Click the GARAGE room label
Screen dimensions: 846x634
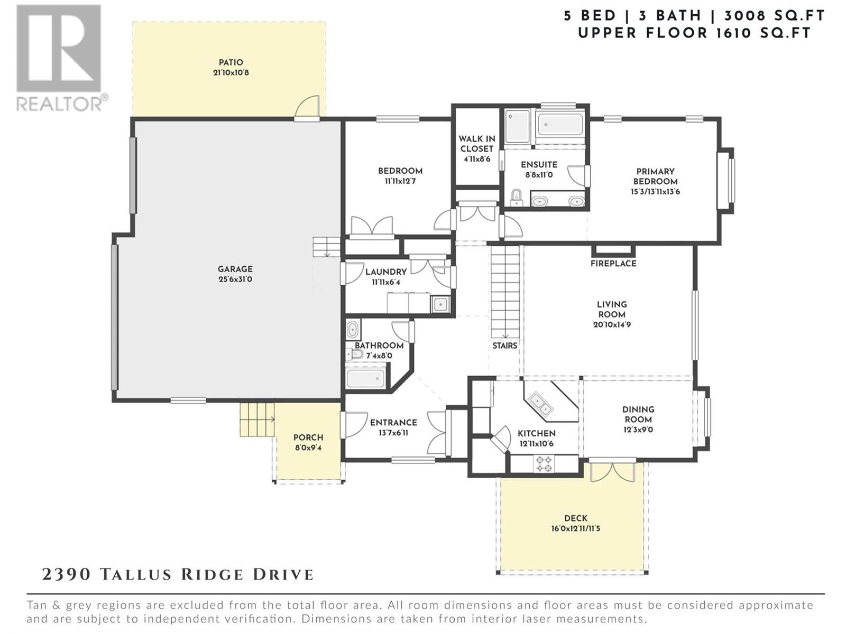tap(235, 269)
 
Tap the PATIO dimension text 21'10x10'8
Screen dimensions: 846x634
tap(231, 72)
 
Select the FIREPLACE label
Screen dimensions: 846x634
tap(613, 263)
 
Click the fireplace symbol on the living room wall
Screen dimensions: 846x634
tap(613, 250)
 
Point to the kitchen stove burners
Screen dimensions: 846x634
tap(544, 463)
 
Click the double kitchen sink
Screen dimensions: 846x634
tap(541, 404)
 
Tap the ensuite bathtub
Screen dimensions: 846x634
tap(560, 124)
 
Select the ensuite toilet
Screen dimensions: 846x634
tap(516, 198)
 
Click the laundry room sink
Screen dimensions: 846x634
tap(440, 304)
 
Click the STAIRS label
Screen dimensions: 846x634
tap(504, 346)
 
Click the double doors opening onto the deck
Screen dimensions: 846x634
tap(612, 471)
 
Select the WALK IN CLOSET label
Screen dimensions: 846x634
tap(477, 144)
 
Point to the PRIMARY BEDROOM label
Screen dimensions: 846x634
tap(655, 176)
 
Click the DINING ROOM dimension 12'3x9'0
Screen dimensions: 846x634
tap(638, 430)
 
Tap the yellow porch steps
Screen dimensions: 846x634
tap(257, 419)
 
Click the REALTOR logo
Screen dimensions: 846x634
tap(62, 58)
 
